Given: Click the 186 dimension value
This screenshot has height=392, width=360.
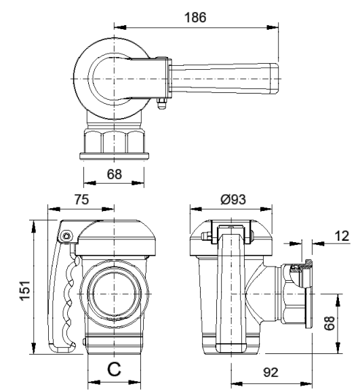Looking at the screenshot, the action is click(x=195, y=18).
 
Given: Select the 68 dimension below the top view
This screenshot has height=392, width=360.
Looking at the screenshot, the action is click(x=115, y=174).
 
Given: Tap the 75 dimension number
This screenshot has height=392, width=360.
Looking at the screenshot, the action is click(x=81, y=199).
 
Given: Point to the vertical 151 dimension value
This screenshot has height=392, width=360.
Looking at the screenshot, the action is click(x=25, y=291).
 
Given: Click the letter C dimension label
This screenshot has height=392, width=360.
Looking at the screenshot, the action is click(x=115, y=369).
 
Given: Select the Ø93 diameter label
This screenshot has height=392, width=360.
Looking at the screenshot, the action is click(x=233, y=199).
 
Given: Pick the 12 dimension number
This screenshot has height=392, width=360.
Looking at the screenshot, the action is click(x=342, y=236).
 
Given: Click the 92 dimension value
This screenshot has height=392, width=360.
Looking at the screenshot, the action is click(x=271, y=372).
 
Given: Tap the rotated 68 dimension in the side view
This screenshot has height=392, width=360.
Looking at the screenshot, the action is click(x=329, y=324).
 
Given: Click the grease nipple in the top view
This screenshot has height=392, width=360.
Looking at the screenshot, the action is click(x=162, y=103).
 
